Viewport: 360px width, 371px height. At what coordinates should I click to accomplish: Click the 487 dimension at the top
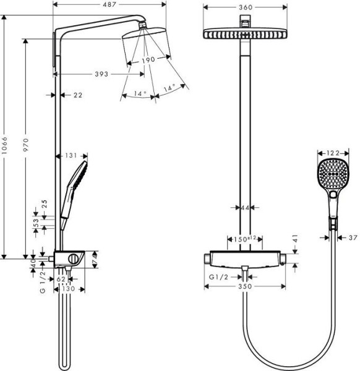110,5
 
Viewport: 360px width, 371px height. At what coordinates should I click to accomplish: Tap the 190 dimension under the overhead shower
148,61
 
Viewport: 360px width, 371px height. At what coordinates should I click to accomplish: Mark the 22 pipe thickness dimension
77,95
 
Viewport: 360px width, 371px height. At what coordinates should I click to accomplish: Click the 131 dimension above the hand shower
72,156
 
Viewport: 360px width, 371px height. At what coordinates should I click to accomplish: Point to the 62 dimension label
61,279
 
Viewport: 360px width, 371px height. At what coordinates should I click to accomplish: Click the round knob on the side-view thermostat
74,258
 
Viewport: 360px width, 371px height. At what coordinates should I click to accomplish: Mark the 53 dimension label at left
36,221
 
